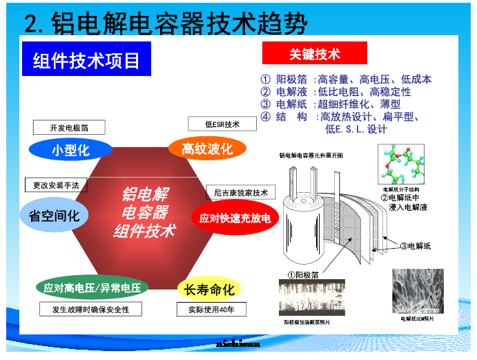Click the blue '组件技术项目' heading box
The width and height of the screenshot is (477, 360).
tap(86, 61)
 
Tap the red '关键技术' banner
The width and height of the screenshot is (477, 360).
tap(314, 54)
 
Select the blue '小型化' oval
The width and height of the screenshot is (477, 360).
tap(70, 150)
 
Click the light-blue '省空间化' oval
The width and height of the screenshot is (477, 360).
tap(54, 216)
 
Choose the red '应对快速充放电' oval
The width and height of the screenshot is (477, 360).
tap(235, 218)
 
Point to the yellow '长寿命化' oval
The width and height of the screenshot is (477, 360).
tap(209, 290)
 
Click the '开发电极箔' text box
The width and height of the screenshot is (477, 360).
tap(69, 128)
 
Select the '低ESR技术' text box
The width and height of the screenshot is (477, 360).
tap(222, 124)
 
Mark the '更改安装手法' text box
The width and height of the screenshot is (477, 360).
tap(56, 185)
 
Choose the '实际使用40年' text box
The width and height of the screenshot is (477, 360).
tap(210, 310)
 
